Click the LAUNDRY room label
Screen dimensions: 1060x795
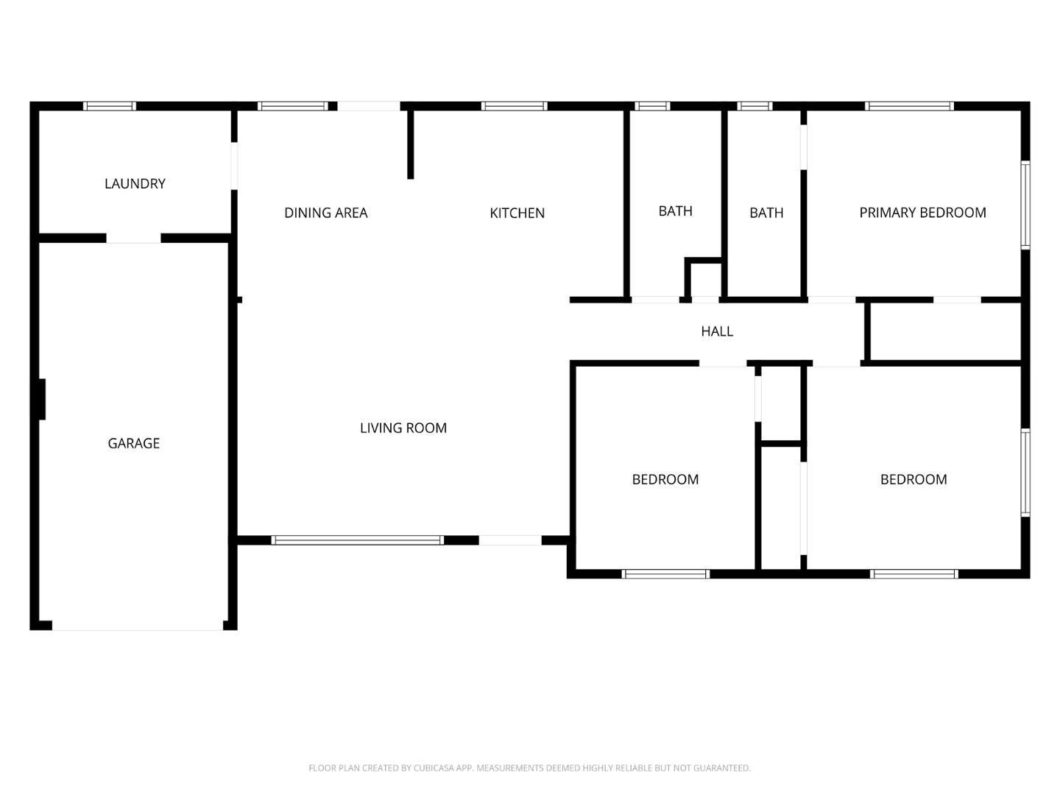pyautogui.click(x=135, y=183)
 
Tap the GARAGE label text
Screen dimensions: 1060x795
pyautogui.click(x=133, y=443)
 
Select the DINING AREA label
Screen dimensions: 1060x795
pyautogui.click(x=326, y=213)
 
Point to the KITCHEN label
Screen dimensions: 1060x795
pyautogui.click(x=517, y=213)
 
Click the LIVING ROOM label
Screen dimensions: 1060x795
pyautogui.click(x=403, y=428)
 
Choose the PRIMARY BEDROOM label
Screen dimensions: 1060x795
pyautogui.click(x=922, y=213)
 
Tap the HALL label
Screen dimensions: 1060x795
pyautogui.click(x=717, y=331)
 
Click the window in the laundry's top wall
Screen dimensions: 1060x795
pyautogui.click(x=110, y=106)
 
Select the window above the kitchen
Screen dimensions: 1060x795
pyautogui.click(x=514, y=106)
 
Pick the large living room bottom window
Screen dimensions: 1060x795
pyautogui.click(x=357, y=540)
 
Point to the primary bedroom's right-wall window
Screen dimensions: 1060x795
pyautogui.click(x=1025, y=205)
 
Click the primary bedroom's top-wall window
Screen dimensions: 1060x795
pyautogui.click(x=909, y=106)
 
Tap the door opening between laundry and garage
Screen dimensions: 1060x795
pyautogui.click(x=133, y=239)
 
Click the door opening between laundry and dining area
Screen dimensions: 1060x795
pyautogui.click(x=234, y=166)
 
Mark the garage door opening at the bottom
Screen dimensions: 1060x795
pyautogui.click(x=138, y=626)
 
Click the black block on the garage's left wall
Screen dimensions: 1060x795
pyautogui.click(x=42, y=399)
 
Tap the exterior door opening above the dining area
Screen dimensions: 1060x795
pyautogui.click(x=369, y=106)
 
